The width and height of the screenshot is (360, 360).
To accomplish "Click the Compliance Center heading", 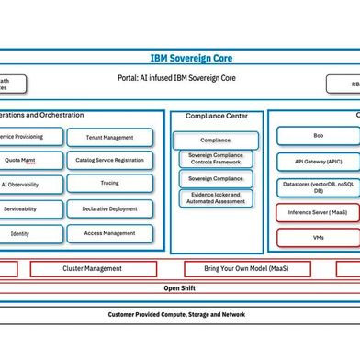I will [x=217, y=116].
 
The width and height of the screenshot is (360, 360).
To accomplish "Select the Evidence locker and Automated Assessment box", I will [x=217, y=199].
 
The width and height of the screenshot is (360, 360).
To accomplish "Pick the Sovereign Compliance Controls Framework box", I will [x=217, y=159].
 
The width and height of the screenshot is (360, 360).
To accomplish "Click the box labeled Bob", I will [x=318, y=136].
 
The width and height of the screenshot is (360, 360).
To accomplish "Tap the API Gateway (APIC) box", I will [x=318, y=162].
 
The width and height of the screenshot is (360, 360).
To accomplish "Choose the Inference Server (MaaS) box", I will [x=318, y=213].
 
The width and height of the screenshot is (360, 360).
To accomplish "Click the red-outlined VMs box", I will [x=318, y=237].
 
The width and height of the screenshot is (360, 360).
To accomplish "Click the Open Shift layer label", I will [x=179, y=287].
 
